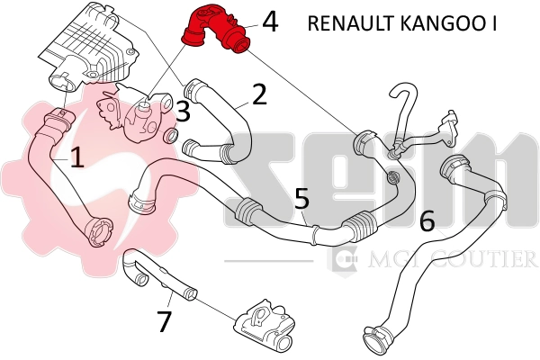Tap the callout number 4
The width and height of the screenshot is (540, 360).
[268, 22]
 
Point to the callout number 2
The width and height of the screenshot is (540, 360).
[259, 94]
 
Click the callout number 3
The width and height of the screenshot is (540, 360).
[183, 112]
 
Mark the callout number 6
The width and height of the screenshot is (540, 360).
[427, 219]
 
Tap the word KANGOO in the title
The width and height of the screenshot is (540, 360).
[442, 22]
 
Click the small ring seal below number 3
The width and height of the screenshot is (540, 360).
[169, 137]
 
